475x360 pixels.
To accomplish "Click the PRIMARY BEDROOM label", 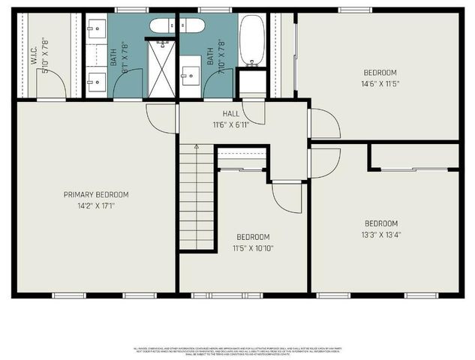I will pos(96,193).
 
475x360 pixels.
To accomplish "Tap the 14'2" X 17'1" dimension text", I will pos(96,205).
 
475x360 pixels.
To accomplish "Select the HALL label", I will pos(231,113).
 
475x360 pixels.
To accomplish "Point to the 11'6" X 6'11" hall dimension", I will pos(231,124).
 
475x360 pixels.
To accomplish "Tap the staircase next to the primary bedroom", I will pos(197,199).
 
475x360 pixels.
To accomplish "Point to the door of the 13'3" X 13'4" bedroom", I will pos(323,163).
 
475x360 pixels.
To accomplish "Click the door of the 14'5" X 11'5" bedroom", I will pos(323,123).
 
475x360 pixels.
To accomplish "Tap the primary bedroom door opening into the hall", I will pos(162,118).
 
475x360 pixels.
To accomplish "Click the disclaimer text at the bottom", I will pos(237,349).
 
